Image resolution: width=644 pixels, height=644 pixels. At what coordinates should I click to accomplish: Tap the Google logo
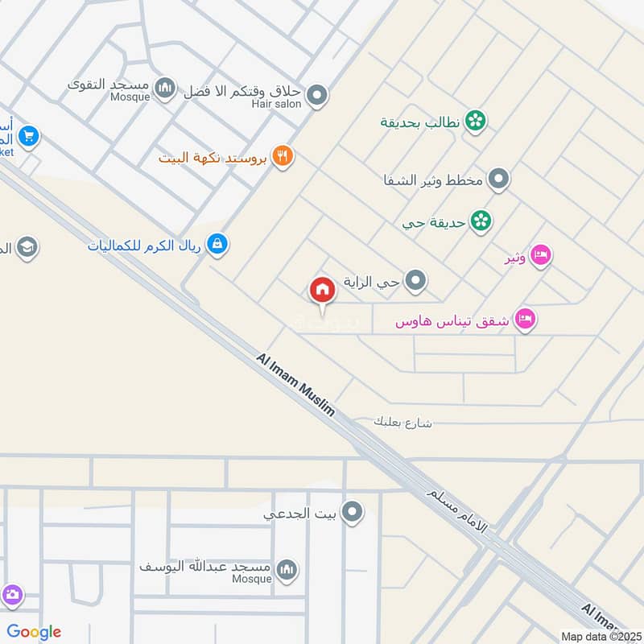[35, 632]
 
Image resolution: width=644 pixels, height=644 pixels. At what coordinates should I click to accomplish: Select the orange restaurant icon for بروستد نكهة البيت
[281, 156]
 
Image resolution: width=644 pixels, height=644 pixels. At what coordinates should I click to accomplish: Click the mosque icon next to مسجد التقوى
[165, 87]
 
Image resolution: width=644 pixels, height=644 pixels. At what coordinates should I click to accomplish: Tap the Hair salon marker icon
[317, 96]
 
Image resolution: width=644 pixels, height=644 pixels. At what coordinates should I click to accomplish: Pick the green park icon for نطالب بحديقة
[475, 122]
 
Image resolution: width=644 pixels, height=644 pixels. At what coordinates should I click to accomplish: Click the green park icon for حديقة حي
[481, 221]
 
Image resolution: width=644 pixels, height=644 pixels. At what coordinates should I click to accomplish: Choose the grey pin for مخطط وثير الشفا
[499, 179]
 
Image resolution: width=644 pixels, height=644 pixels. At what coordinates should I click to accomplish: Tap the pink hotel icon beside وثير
[542, 256]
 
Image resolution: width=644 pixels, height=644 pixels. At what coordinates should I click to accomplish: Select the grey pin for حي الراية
[415, 281]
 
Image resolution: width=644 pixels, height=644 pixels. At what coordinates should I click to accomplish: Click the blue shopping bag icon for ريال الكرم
[217, 243]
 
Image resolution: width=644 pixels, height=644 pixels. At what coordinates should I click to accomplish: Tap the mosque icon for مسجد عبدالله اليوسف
[286, 571]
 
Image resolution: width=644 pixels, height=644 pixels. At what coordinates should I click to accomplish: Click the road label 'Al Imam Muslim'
[295, 386]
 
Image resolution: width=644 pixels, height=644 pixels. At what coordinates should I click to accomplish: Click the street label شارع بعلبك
[404, 422]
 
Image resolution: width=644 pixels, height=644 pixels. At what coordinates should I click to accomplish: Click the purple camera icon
[11, 596]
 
